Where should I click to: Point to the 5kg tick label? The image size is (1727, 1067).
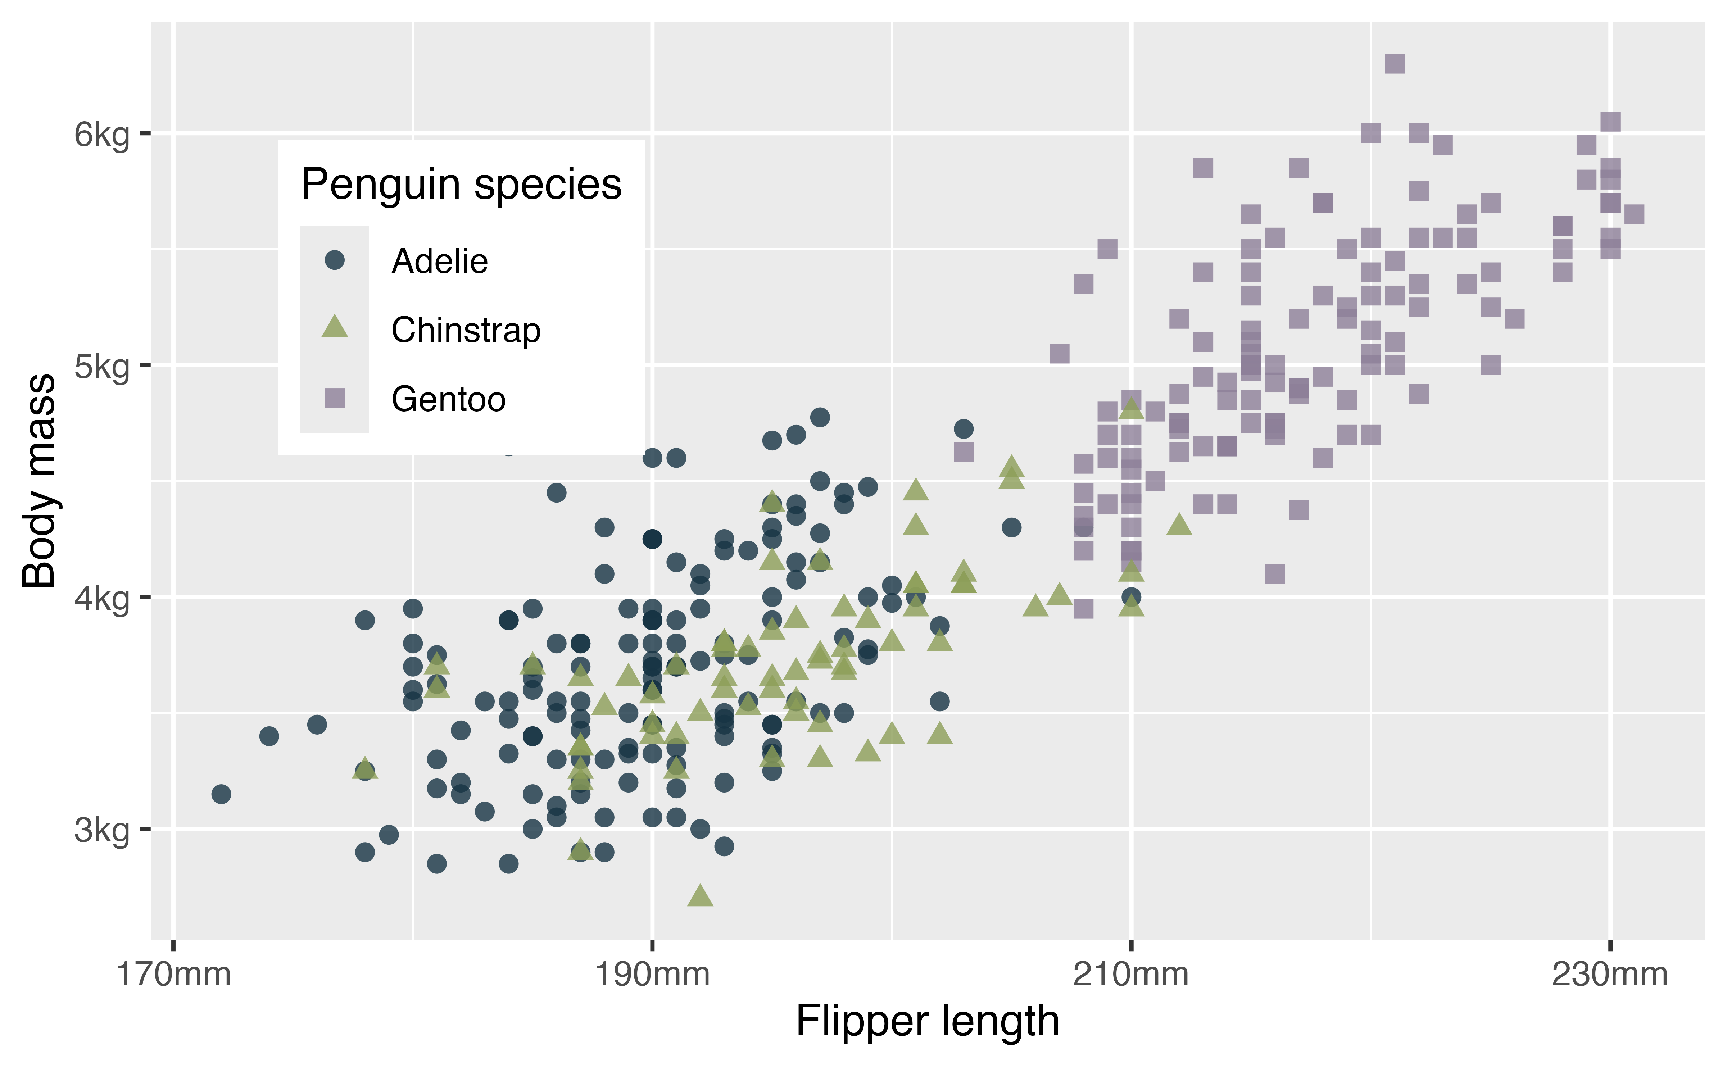coord(101,366)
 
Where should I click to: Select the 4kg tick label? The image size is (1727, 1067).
coord(101,598)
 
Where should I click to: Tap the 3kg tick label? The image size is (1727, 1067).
coord(101,831)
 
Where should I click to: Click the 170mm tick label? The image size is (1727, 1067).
coord(174,975)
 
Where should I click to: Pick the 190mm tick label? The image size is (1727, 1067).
coord(652,975)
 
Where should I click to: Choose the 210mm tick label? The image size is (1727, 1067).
coord(1130,975)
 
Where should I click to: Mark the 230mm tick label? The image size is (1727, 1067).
coord(1609,975)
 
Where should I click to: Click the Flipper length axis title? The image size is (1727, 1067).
coord(928,1021)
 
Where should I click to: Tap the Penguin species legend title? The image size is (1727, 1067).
coord(461,185)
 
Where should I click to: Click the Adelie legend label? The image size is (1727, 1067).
coord(439,261)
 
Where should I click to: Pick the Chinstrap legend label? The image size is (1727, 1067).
coord(466,330)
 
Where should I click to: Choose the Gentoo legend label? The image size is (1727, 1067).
coord(448,399)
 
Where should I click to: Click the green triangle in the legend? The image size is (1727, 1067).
coord(335,327)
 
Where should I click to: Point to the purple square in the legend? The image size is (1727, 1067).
coord(335,399)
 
